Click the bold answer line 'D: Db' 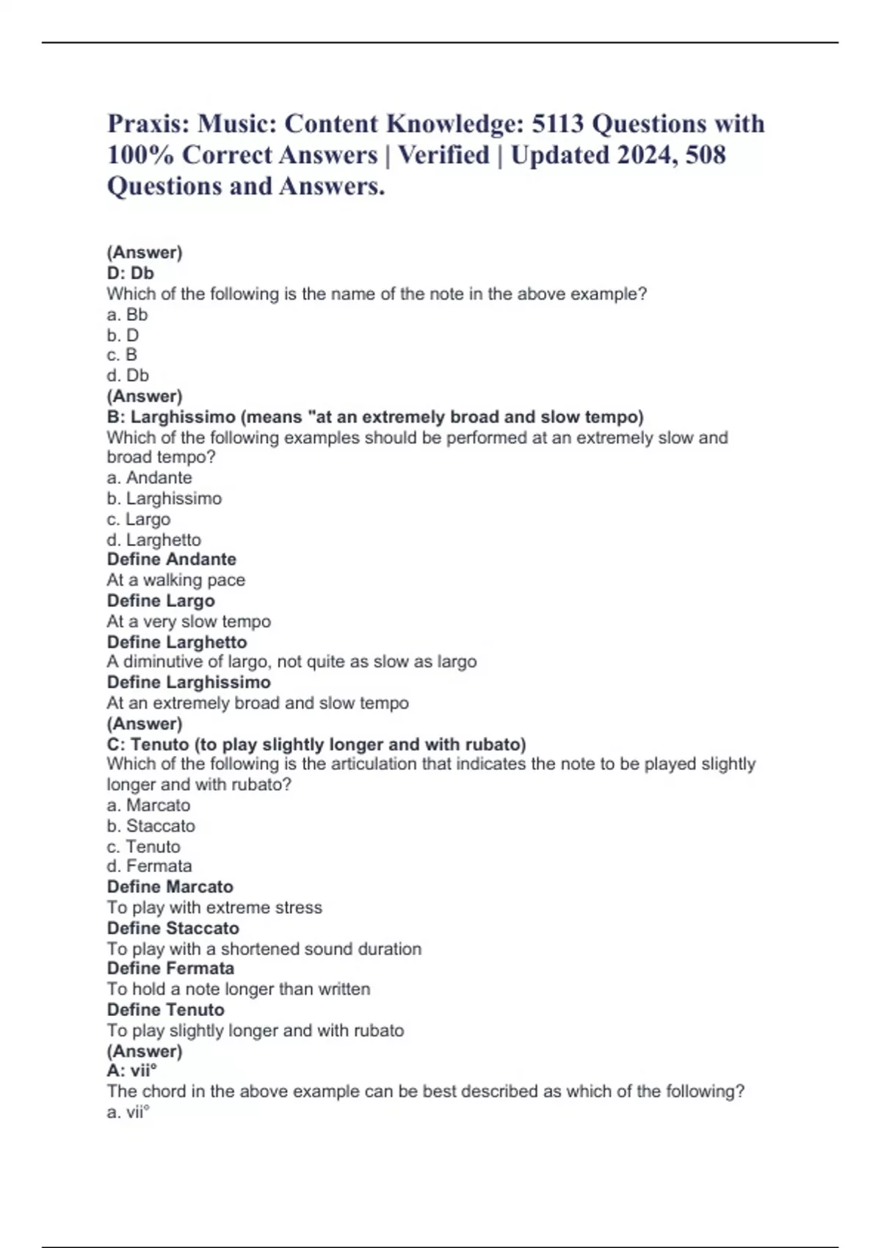coord(130,273)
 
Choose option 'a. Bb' coord(127,314)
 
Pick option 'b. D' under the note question coord(123,335)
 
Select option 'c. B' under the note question coord(122,355)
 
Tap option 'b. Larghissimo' coord(164,498)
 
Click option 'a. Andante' coord(149,478)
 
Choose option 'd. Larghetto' coord(153,540)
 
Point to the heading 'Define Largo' coord(161,601)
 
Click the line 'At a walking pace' coord(175,580)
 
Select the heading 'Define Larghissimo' coord(189,682)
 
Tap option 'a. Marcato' coord(148,805)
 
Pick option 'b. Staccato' coord(151,825)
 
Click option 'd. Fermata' coord(149,866)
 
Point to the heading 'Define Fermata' coord(170,968)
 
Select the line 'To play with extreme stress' coord(214,907)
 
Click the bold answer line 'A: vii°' coord(132,1071)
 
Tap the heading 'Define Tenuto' coord(165,1009)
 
